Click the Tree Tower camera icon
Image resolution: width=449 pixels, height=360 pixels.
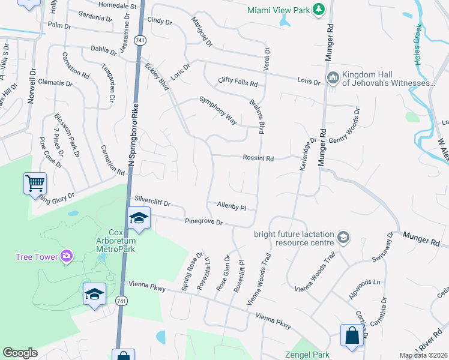coord(67,257)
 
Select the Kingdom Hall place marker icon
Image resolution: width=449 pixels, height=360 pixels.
coord(333,79)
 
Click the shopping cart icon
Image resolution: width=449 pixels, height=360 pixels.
coord(35,182)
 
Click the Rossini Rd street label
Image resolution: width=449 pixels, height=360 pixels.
coord(258,158)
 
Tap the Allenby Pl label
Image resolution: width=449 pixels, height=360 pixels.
coord(232,206)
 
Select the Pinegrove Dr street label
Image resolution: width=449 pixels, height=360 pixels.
coord(204,222)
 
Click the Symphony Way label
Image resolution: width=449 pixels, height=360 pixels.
coord(218,109)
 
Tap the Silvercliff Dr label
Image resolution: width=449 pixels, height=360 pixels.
coord(153,202)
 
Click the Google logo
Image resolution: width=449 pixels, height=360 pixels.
coord(20,353)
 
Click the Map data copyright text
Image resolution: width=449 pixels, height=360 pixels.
coord(424,355)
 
